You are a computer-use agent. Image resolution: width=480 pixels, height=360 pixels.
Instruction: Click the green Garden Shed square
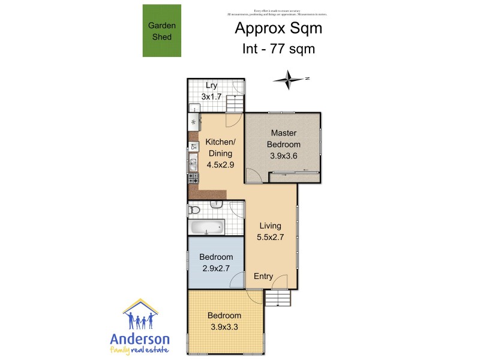point(161,31)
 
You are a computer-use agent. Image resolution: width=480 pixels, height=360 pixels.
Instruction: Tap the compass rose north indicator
point(291,79)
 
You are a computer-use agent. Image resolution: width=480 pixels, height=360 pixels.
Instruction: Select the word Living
point(270,226)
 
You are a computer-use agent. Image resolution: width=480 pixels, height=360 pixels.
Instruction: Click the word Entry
point(263,276)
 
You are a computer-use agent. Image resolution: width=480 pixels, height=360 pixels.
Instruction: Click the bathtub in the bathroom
point(206,227)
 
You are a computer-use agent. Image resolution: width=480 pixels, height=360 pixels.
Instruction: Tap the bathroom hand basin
point(217,205)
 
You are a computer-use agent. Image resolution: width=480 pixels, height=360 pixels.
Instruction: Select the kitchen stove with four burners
point(193,178)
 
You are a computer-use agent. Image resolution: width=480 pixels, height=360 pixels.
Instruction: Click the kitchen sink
point(193,161)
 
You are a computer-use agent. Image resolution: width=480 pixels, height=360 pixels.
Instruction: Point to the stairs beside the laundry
point(235,106)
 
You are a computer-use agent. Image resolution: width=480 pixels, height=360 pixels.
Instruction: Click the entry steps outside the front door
point(277,298)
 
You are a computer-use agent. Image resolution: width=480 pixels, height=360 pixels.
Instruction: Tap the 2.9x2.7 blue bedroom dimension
point(216,268)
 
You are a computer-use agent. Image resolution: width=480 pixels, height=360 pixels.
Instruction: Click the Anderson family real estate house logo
point(140,315)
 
